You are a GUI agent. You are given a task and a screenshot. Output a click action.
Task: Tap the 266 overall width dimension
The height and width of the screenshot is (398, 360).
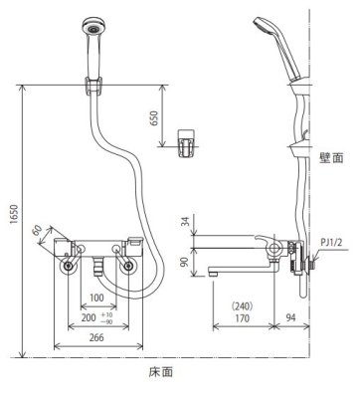(x=97, y=337)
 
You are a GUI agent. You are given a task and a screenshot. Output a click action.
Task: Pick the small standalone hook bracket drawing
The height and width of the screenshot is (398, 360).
(x=185, y=142)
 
